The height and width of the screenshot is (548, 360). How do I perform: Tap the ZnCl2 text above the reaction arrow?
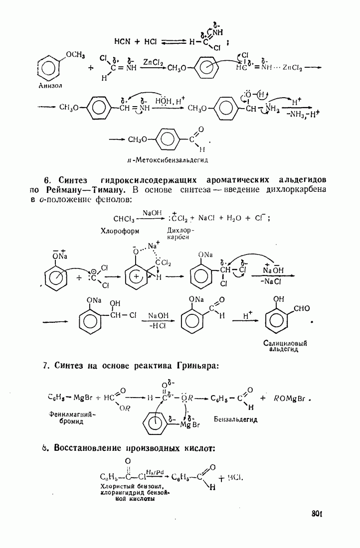153,62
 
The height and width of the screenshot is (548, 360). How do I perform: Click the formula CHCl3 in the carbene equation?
123,218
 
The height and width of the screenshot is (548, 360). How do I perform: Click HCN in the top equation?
122,41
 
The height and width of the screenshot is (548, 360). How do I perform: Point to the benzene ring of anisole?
50,67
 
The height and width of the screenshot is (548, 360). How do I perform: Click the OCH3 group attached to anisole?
75,54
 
